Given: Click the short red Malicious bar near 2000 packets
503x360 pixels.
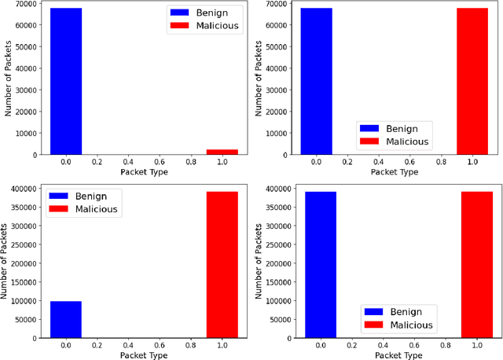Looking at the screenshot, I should pyautogui.click(x=222, y=152).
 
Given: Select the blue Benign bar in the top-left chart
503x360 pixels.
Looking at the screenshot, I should pyautogui.click(x=66, y=81).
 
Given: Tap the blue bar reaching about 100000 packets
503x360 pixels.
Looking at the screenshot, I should pyautogui.click(x=66, y=319).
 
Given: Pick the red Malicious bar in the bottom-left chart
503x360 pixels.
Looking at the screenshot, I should pyautogui.click(x=222, y=265).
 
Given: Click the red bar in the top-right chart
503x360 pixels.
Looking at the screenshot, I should pyautogui.click(x=472, y=81).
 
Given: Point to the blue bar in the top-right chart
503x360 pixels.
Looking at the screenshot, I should pyautogui.click(x=316, y=81).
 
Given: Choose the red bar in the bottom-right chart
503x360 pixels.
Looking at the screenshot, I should pyautogui.click(x=477, y=265).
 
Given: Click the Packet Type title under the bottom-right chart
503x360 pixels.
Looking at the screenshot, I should pyautogui.click(x=398, y=355).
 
